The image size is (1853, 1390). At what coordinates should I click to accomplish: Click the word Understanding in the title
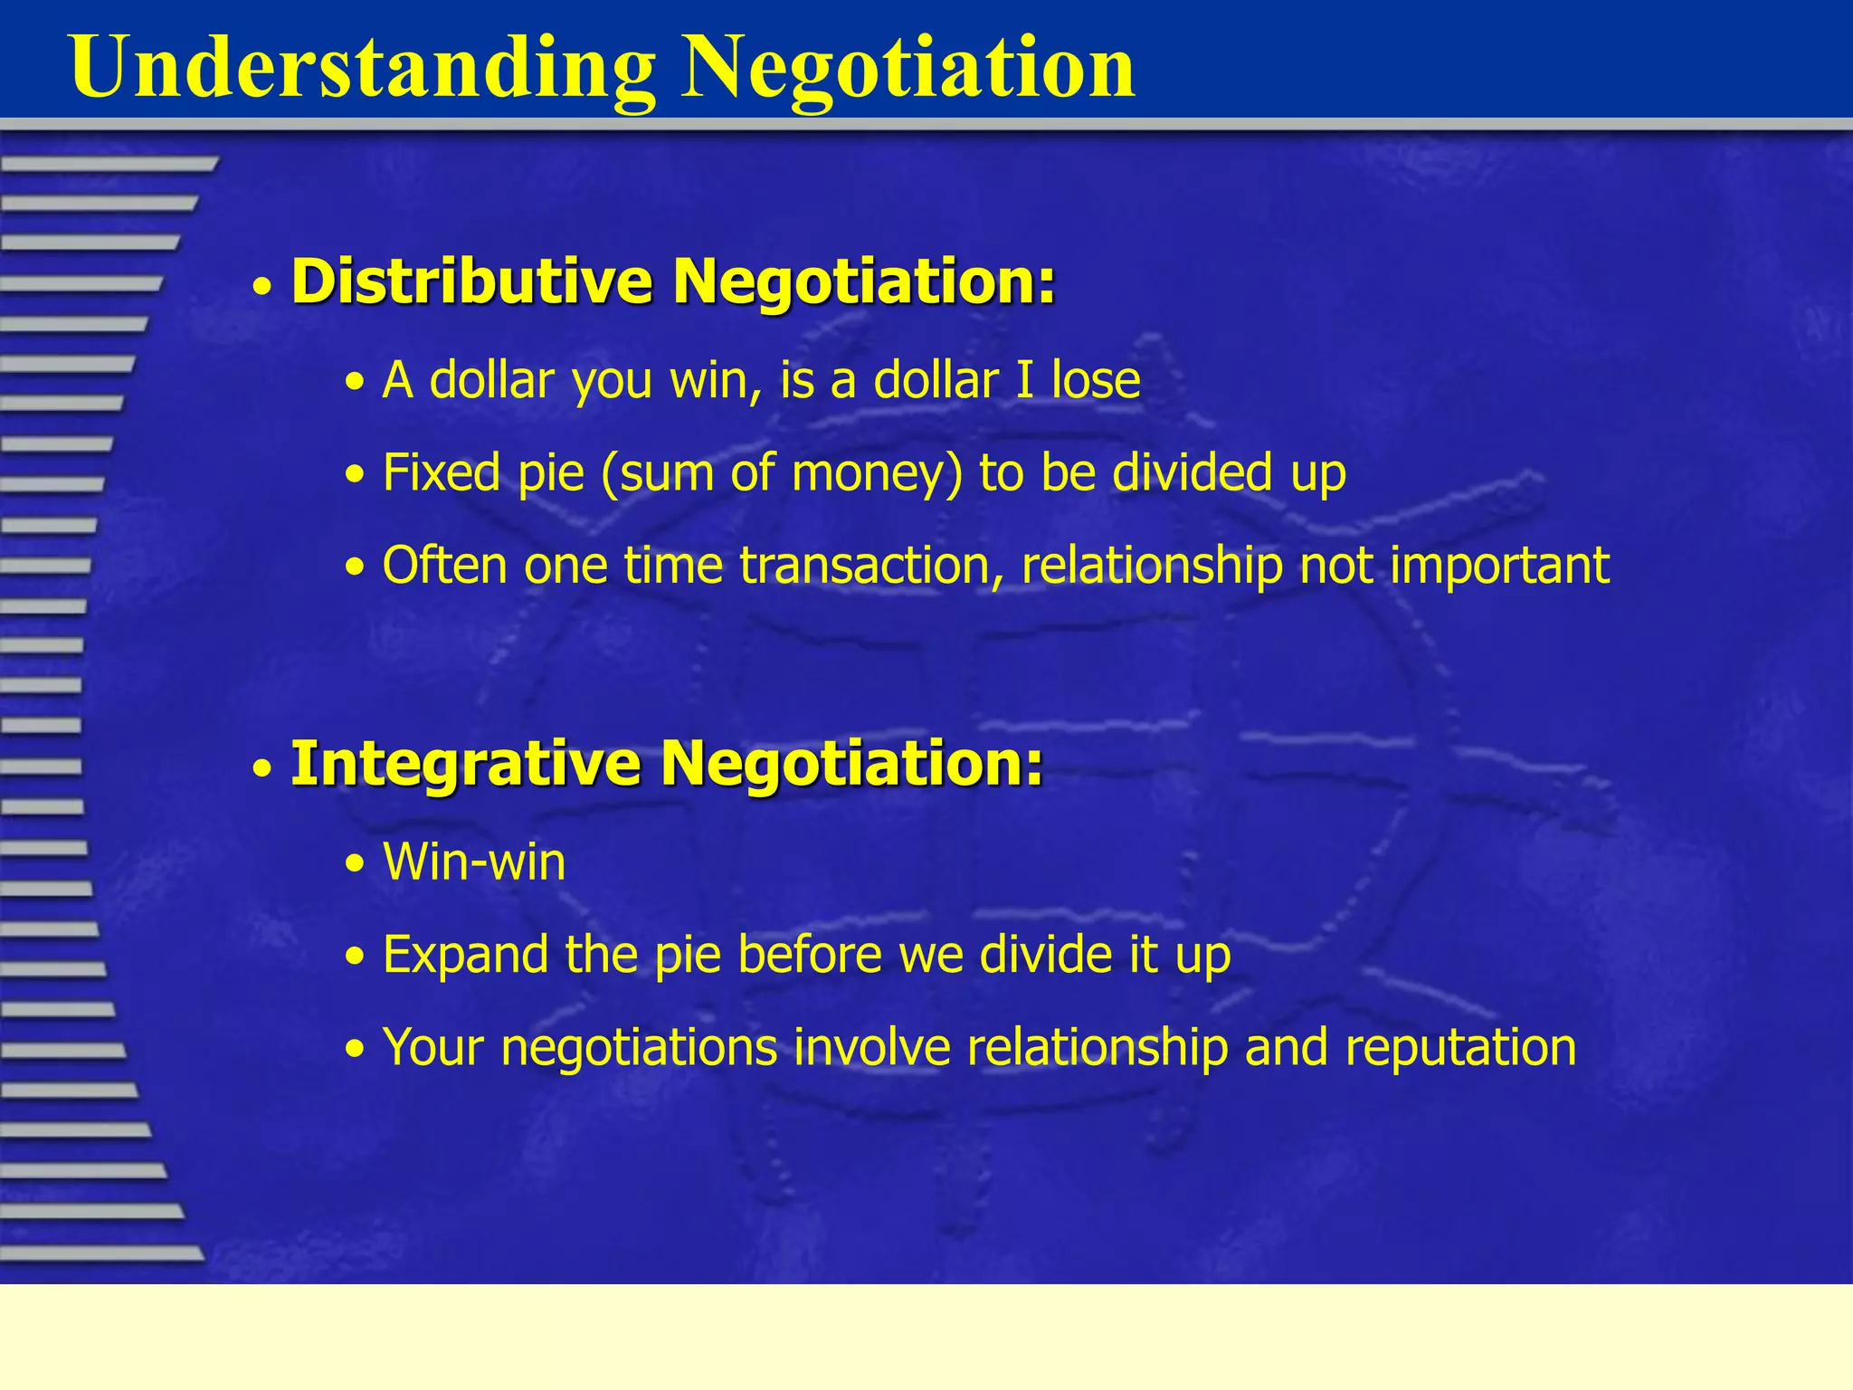pyautogui.click(x=362, y=68)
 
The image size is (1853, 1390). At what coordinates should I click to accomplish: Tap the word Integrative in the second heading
pyautogui.click(x=465, y=763)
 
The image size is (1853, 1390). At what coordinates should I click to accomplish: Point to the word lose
pyautogui.click(x=1095, y=380)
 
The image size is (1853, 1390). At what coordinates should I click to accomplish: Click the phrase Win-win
pyautogui.click(x=474, y=862)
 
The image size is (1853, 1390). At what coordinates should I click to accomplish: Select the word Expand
pyautogui.click(x=465, y=956)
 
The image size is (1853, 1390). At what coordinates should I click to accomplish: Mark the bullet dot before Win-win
pyautogui.click(x=356, y=865)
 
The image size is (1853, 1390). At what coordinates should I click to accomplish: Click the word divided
pyautogui.click(x=1192, y=472)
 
